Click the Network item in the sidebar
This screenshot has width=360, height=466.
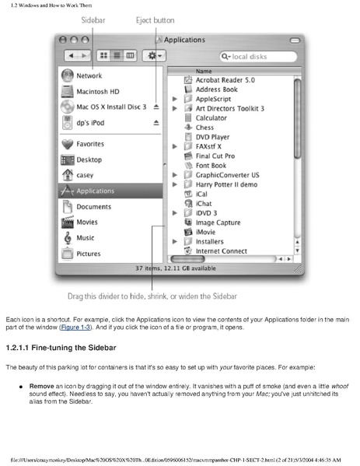pos(89,76)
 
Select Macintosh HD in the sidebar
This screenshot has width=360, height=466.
pos(97,91)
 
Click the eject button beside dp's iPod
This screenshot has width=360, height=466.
pos(156,122)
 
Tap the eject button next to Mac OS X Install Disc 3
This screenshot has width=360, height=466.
pos(156,107)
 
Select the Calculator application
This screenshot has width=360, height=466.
pos(211,118)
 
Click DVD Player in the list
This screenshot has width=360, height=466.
pos(213,137)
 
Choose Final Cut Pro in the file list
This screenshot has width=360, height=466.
pos(215,156)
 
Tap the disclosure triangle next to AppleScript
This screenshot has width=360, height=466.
pos(175,100)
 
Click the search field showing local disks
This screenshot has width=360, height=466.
pos(257,56)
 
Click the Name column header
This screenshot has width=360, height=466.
pos(204,71)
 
